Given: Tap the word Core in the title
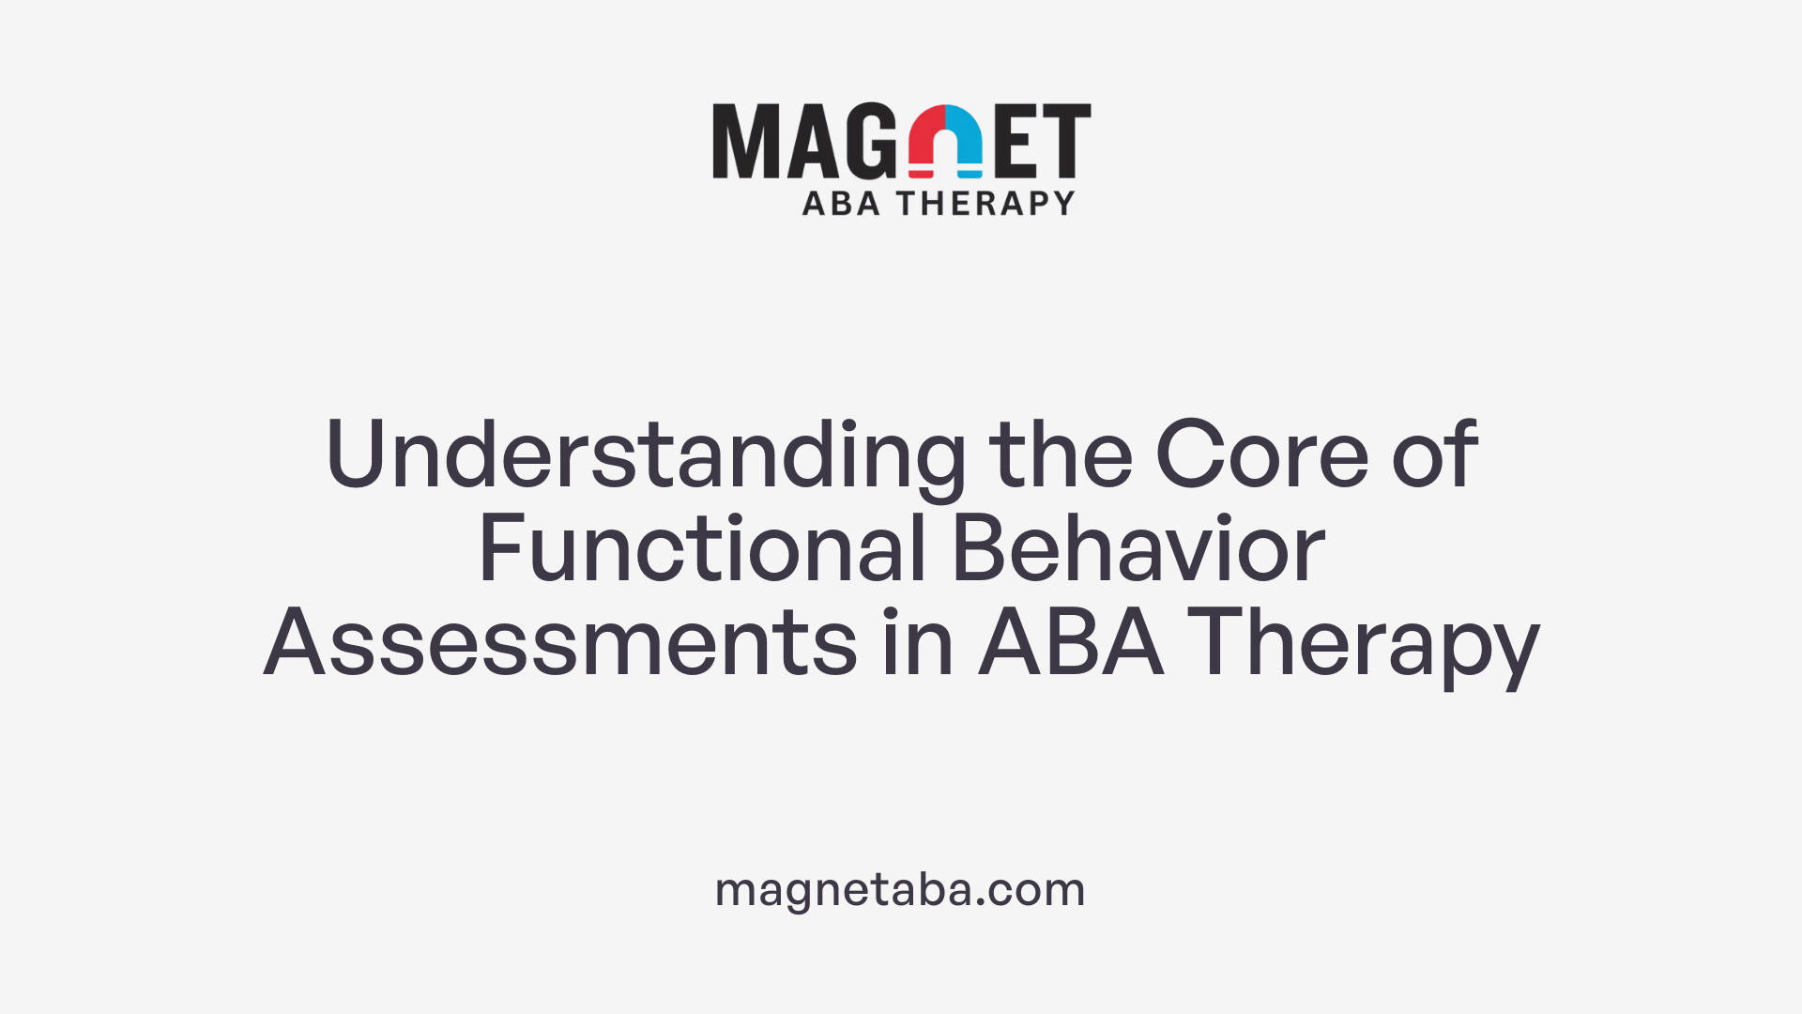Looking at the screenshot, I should click(1261, 454).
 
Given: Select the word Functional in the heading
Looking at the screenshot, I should click(703, 549).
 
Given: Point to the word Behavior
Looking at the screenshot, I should click(1138, 549).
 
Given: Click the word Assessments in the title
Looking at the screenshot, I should click(560, 643).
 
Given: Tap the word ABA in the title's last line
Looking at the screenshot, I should click(1071, 643).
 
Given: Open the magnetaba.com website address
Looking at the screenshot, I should click(900, 889).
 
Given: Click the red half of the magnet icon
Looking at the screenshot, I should click(925, 141).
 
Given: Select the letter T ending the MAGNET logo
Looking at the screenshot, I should click(1066, 141).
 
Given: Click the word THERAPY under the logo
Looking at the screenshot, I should click(985, 203).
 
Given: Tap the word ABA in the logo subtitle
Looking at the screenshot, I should click(841, 203).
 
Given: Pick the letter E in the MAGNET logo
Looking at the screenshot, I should click(1017, 141).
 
